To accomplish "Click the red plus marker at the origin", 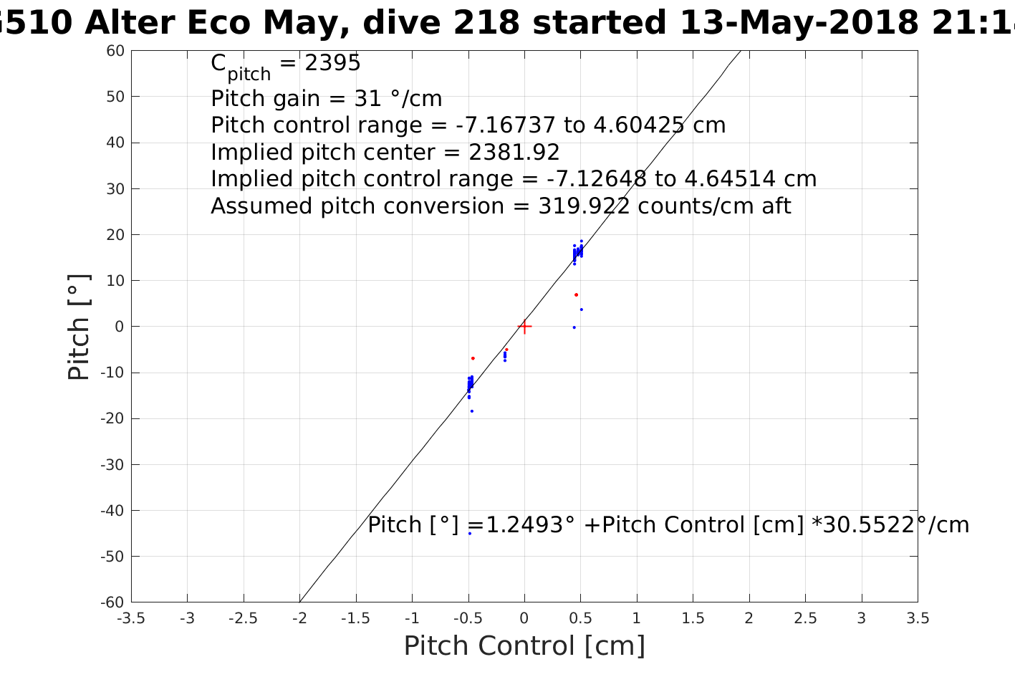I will [x=524, y=327].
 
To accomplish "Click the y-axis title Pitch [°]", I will [x=79, y=327].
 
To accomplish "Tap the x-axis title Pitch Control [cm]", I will [x=524, y=645].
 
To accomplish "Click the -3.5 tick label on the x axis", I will [x=131, y=618].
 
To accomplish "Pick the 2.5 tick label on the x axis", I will [x=805, y=618].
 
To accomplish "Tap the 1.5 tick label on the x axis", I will [x=693, y=618].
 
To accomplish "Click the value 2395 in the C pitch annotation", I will [x=332, y=64].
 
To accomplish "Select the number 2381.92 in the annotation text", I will [x=514, y=153].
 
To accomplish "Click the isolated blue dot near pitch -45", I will [x=470, y=533].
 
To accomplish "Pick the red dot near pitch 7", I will [x=576, y=294].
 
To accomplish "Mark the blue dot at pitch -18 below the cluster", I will [x=471, y=411].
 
